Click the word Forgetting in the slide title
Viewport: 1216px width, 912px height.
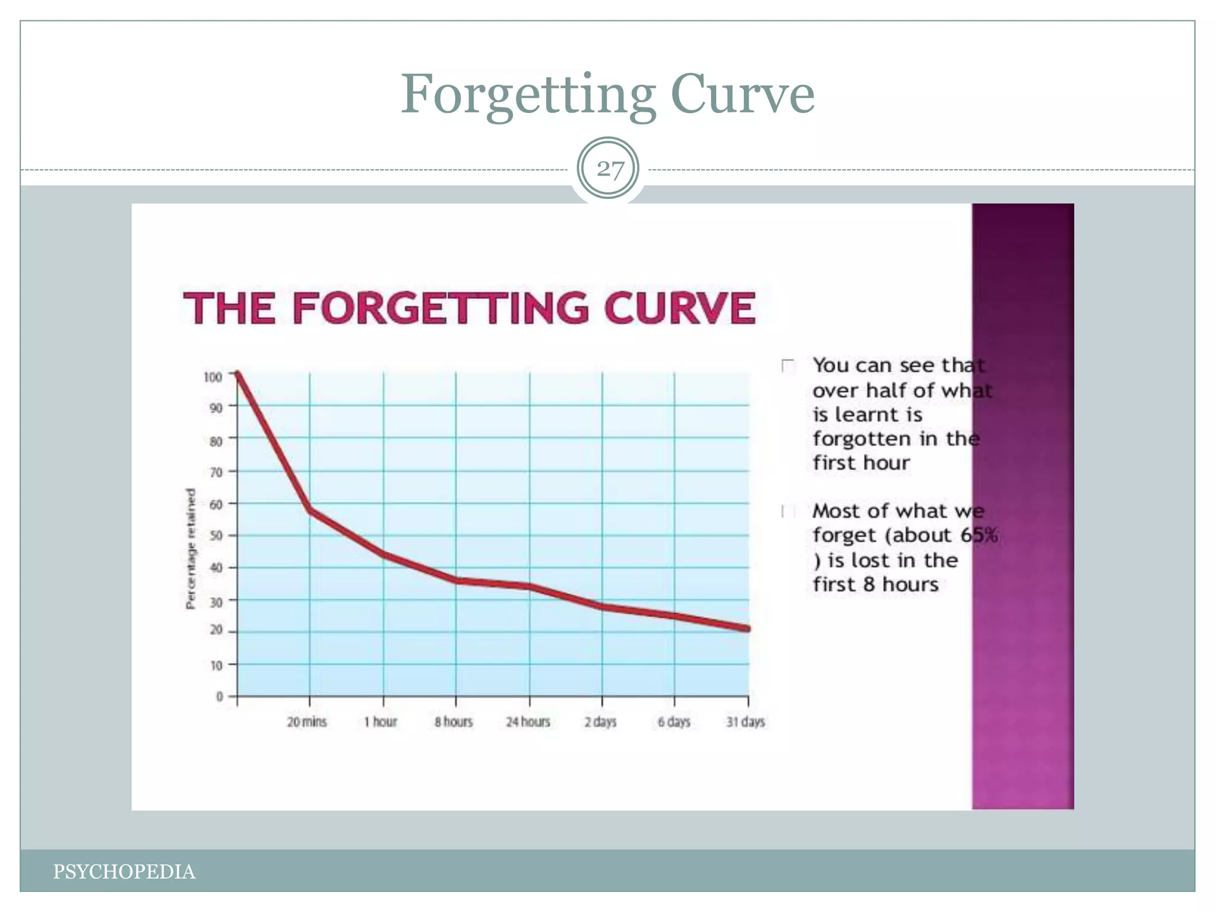point(528,95)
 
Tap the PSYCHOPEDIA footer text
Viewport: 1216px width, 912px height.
point(124,872)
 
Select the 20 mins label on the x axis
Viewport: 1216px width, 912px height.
point(307,722)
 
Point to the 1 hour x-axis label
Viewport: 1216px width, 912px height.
point(381,722)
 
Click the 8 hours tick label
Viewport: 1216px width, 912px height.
point(454,722)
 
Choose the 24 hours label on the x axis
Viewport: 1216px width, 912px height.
point(528,722)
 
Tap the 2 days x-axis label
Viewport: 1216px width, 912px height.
point(600,722)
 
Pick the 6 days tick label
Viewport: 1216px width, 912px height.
point(674,722)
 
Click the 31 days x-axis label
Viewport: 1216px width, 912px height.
point(746,722)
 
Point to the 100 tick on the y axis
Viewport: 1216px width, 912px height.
point(213,377)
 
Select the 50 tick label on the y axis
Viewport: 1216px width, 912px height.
point(216,536)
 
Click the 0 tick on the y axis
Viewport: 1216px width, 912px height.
point(220,696)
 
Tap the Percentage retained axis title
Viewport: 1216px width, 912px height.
point(191,549)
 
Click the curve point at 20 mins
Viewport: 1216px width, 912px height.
point(310,510)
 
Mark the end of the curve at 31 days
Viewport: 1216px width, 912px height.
point(747,628)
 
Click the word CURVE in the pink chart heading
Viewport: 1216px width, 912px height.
point(679,308)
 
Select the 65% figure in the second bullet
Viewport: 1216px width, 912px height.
point(979,535)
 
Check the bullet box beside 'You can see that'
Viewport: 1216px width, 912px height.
point(788,366)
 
